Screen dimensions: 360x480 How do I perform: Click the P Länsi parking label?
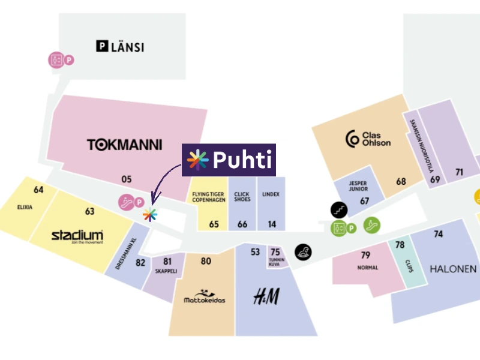(120, 46)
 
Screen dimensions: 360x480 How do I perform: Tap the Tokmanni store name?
(125, 145)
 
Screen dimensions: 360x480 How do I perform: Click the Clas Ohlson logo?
(368, 139)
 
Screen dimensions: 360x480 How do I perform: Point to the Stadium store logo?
(77, 236)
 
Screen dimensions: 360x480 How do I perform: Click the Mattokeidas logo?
(205, 296)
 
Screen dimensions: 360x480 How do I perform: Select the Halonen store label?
(453, 269)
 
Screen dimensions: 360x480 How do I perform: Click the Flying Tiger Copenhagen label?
(209, 197)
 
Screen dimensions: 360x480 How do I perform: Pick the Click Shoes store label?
(242, 197)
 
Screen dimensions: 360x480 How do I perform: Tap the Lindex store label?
(271, 195)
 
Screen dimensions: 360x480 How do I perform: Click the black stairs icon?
(338, 209)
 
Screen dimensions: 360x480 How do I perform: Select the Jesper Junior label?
(358, 186)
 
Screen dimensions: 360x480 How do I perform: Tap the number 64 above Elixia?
(39, 190)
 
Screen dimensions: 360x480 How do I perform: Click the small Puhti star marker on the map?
(150, 214)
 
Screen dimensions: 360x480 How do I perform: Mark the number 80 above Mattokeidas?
(206, 261)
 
